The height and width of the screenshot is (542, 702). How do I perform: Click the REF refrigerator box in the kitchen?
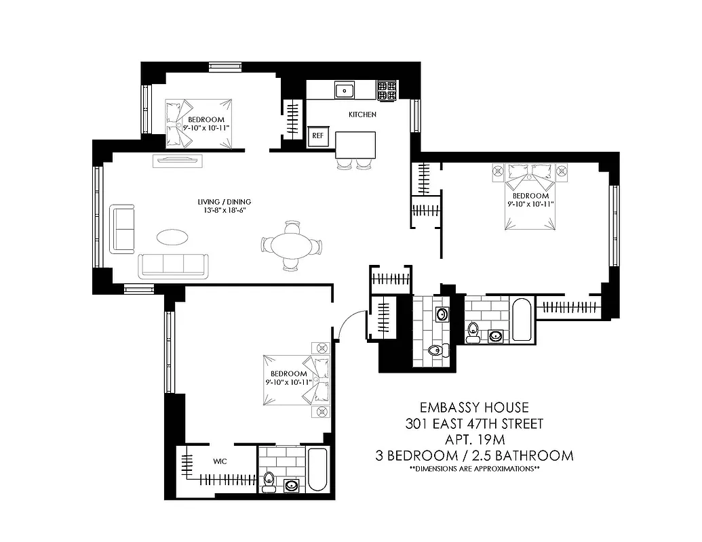click(x=317, y=135)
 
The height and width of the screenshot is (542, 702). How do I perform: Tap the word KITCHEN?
click(x=362, y=114)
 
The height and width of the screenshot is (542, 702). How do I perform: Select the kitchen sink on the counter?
click(x=345, y=90)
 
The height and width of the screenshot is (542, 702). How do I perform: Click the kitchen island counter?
click(x=356, y=144)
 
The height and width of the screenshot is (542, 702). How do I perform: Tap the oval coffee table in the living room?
click(x=173, y=237)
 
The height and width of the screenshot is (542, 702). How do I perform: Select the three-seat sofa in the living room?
click(x=174, y=266)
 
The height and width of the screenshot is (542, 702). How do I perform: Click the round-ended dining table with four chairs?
click(x=292, y=245)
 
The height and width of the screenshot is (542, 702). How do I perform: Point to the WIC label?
click(x=219, y=461)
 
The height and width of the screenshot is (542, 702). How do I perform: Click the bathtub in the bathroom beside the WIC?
click(x=317, y=470)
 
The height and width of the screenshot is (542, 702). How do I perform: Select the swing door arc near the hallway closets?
click(x=350, y=322)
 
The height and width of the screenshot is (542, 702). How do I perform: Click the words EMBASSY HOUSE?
click(x=473, y=408)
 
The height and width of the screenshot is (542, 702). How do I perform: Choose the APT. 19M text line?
click(x=473, y=440)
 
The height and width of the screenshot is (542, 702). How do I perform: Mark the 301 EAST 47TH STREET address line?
click(x=473, y=424)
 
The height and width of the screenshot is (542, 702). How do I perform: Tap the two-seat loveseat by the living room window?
click(x=123, y=228)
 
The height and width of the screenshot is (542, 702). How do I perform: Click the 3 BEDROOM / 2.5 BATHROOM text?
click(x=474, y=455)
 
